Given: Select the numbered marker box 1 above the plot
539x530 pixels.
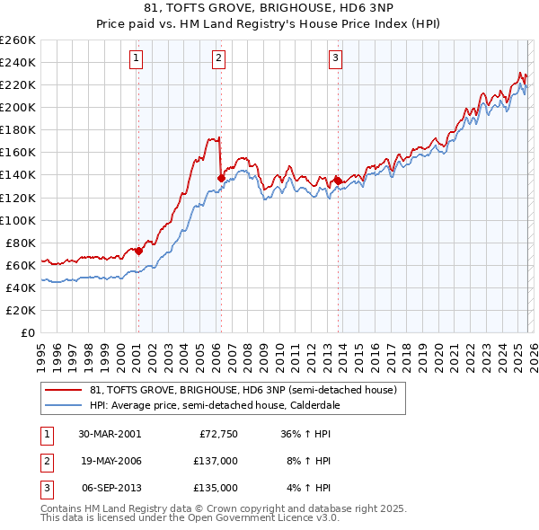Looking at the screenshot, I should pos(136,59).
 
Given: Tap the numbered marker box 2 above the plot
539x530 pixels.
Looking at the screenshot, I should pos(219,59).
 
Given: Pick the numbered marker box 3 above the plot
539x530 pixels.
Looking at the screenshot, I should pos(335,59).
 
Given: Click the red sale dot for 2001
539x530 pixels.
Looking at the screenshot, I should pos(139,251).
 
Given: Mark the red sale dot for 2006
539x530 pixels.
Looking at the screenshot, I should pos(221,178).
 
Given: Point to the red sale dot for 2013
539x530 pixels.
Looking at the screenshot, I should pos(338,180).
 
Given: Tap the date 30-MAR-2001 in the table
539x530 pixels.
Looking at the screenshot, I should pos(110,434).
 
